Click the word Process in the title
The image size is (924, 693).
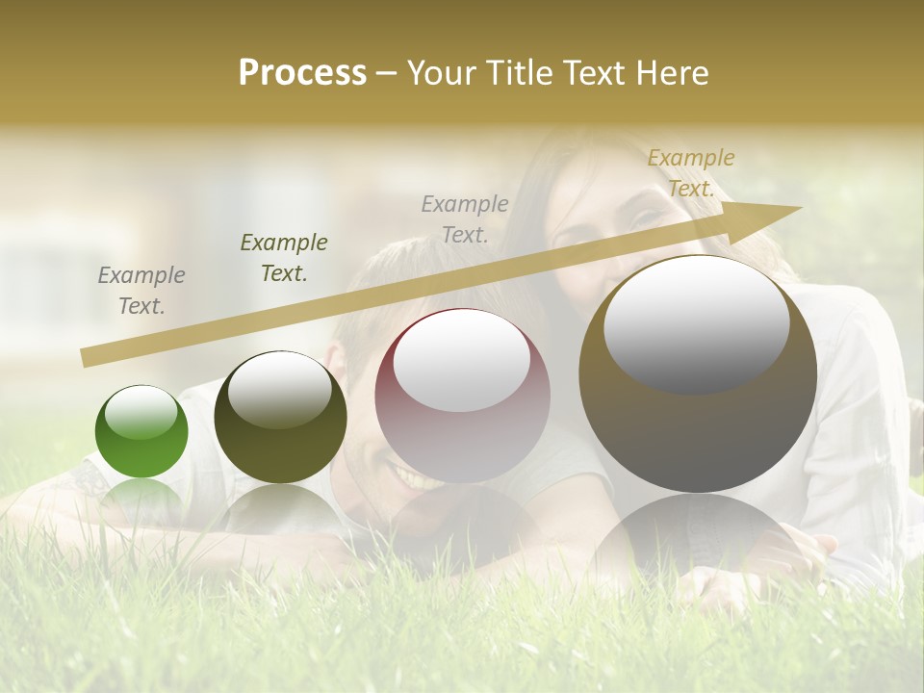(x=302, y=73)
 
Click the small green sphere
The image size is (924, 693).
(x=141, y=432)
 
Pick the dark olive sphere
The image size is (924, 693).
(x=280, y=418)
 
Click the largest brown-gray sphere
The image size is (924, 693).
(x=698, y=374)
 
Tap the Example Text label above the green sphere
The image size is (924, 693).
(x=141, y=291)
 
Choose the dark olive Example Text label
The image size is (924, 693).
(x=284, y=258)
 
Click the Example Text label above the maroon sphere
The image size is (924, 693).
(x=465, y=218)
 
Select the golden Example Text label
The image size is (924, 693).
(x=690, y=173)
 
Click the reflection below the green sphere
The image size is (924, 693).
(x=141, y=496)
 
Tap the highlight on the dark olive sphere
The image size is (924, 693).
(x=280, y=389)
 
